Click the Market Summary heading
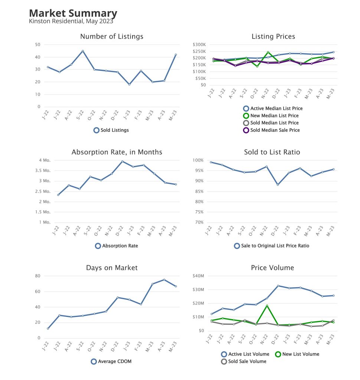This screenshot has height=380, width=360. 73,14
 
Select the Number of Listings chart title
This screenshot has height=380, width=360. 112,36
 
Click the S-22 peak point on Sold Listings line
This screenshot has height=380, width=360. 83,51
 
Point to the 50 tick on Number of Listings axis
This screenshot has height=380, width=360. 37,45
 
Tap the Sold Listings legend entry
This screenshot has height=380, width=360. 111,130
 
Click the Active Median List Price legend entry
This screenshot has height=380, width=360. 273,109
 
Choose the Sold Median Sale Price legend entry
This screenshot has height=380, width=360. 271,130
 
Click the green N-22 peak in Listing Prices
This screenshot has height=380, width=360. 268,52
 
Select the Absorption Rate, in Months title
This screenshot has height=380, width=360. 117,152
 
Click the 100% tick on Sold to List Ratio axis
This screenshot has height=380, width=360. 198,160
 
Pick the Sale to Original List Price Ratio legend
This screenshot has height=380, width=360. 272,246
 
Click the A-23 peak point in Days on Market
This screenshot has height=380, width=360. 164,280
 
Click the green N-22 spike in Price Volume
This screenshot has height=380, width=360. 267,306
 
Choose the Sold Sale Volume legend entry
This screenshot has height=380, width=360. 244,361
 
